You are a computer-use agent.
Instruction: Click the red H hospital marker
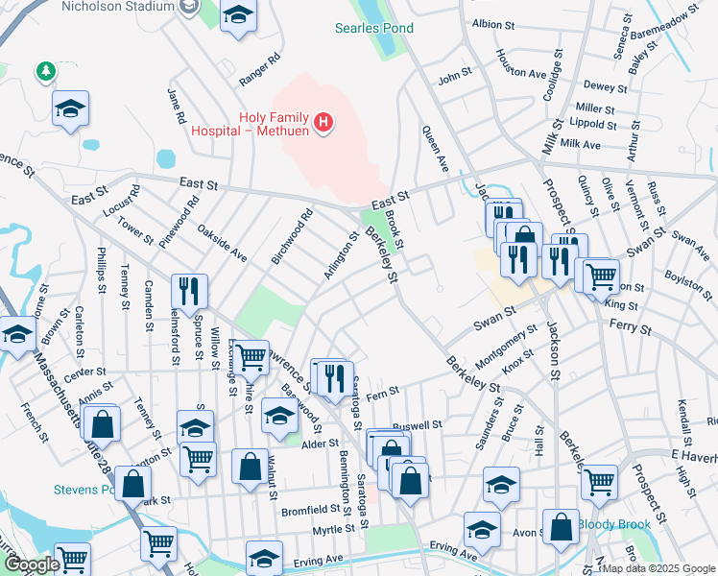pos(324,122)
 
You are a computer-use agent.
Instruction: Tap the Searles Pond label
pos(373,28)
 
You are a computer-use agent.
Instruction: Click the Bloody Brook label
pos(613,524)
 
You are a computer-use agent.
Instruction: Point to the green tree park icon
pos(44,71)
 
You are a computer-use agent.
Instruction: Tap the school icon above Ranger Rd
pos(238,16)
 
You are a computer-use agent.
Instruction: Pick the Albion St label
pos(494,23)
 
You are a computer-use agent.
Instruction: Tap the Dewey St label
pos(605,87)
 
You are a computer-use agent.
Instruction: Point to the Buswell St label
pos(417,423)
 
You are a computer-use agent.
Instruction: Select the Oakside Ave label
pos(223,244)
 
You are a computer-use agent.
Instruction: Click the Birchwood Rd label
pos(292,237)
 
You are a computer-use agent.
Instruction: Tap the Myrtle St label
pos(332,530)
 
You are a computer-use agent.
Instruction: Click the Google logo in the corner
pos(32,565)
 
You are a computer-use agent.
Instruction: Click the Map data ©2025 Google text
pos(658,568)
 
